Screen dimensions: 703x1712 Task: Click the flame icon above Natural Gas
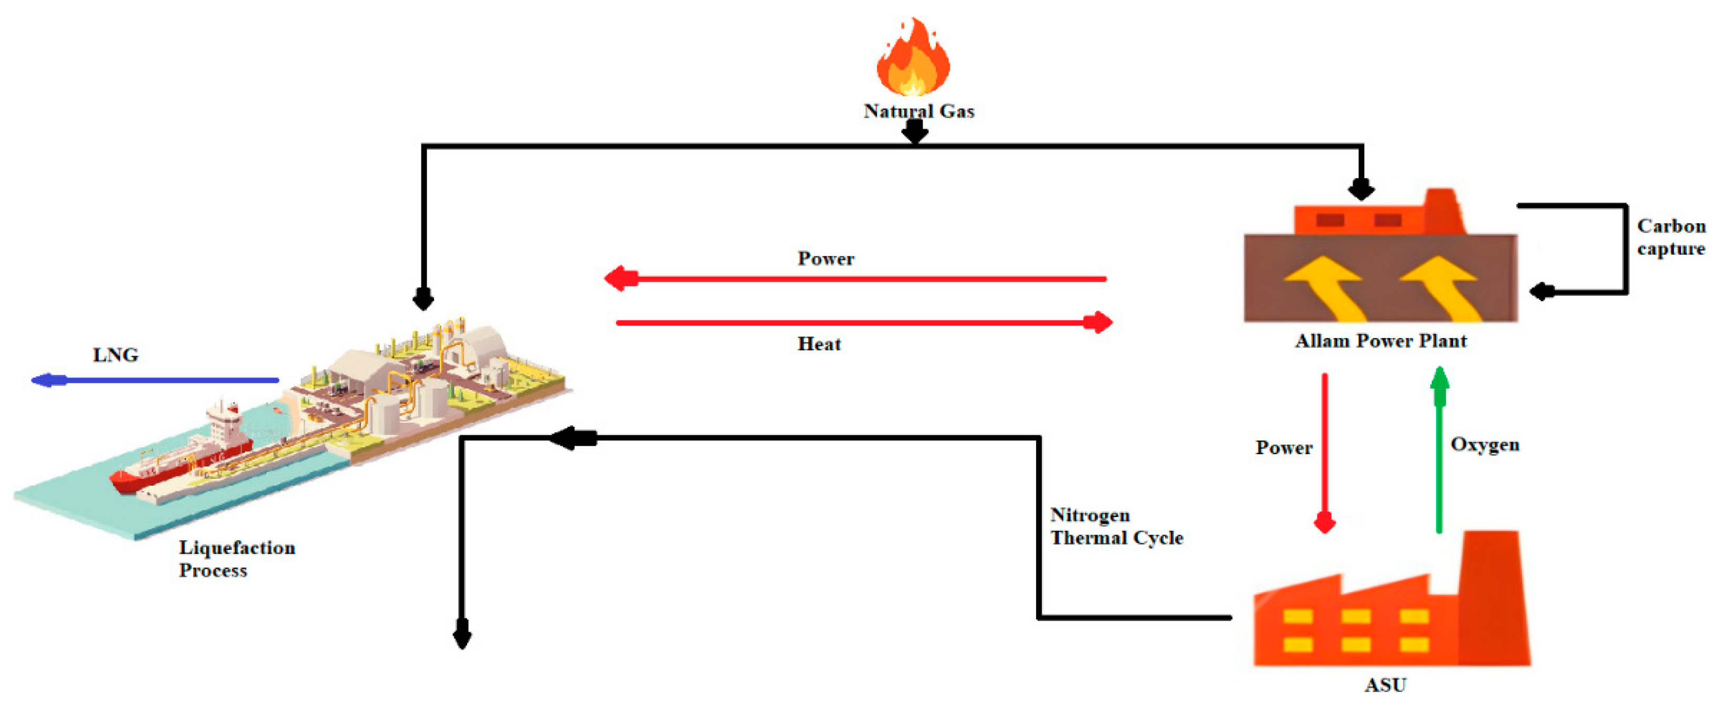coord(913,60)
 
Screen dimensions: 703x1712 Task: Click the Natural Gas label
coord(918,111)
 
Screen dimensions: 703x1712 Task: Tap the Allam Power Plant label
coord(1380,341)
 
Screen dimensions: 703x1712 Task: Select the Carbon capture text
coord(1670,237)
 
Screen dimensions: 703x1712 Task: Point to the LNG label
coord(115,355)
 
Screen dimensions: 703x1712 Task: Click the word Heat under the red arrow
coord(819,344)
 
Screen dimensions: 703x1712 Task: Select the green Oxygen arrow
coord(1439,452)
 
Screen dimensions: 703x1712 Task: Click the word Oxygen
coord(1484,444)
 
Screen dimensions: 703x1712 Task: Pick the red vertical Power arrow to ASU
coord(1325,452)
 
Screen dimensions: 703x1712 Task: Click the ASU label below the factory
coord(1386,685)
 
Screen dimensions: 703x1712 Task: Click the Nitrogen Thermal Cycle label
coord(1116,527)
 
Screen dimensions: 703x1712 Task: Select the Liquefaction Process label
coord(237,559)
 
